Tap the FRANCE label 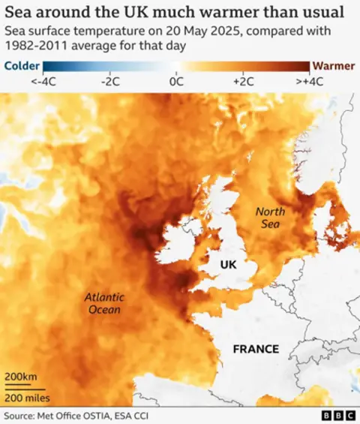256,349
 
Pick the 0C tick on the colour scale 177,82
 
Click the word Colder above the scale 22,65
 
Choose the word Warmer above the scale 333,65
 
